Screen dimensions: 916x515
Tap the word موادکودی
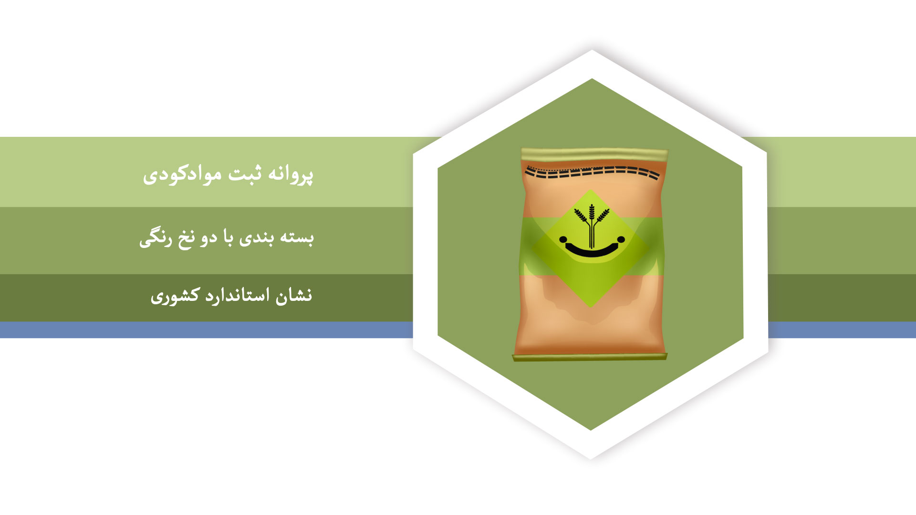(x=182, y=174)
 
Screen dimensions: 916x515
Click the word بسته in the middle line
(x=297, y=237)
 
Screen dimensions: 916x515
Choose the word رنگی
(x=156, y=238)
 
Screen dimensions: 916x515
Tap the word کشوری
(x=175, y=296)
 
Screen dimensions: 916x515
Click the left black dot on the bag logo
(x=563, y=239)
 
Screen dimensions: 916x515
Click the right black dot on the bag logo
(x=621, y=239)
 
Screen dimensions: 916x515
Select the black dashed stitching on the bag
(x=592, y=172)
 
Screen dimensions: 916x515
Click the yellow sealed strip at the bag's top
(x=594, y=154)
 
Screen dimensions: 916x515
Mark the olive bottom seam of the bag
(x=590, y=357)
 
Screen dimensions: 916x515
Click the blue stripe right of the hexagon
(x=842, y=330)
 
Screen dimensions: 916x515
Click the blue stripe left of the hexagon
(x=206, y=330)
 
